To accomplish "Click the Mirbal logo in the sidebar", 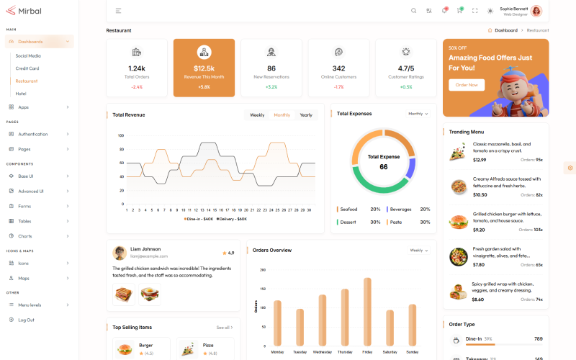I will click(x=23, y=11).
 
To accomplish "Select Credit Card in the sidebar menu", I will click(x=27, y=68).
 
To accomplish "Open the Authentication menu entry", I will click(x=33, y=134).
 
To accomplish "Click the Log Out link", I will click(x=27, y=320).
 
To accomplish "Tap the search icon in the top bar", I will click(x=413, y=11).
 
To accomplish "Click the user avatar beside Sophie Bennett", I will click(x=536, y=11).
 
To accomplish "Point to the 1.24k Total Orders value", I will click(x=137, y=68).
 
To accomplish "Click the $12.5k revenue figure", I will click(x=204, y=68).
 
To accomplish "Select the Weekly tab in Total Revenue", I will click(x=257, y=115).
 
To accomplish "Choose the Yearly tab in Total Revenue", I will click(x=306, y=115).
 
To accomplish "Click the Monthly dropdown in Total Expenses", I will click(x=418, y=114).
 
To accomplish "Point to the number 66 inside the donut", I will click(x=384, y=167).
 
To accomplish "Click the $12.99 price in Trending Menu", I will click(x=480, y=160).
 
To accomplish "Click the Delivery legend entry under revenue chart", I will click(x=233, y=219).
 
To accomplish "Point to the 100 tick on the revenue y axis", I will click(x=121, y=135).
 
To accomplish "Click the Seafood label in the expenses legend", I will click(x=348, y=210).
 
